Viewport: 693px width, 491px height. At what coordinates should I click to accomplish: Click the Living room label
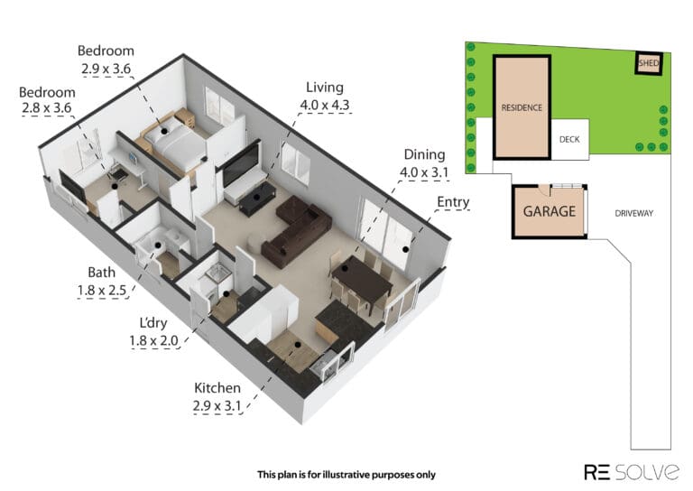tap(325, 88)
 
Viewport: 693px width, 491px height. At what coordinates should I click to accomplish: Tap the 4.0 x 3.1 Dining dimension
tap(424, 172)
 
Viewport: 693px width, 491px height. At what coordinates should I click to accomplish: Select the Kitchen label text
tap(217, 388)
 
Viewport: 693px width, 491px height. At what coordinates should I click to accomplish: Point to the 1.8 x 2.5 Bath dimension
tap(102, 291)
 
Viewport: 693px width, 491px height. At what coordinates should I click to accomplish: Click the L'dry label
tap(153, 323)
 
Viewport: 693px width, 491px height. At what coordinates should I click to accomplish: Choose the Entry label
tap(453, 202)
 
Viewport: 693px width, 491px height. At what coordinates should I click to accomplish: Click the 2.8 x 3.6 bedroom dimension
tap(46, 107)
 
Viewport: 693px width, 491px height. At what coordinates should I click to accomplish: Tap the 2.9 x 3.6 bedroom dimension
tap(106, 69)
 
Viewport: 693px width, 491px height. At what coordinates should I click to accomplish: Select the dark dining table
tap(362, 279)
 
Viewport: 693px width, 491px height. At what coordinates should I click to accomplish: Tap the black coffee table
tap(258, 199)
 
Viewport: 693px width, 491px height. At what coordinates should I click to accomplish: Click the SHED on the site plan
tap(649, 63)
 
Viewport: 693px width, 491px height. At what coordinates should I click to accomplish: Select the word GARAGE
tap(550, 211)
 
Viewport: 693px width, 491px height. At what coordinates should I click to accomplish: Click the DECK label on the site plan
tap(569, 140)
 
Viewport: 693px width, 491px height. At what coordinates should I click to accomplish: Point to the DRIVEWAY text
tap(633, 214)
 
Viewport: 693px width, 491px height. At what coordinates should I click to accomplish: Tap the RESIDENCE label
tap(522, 107)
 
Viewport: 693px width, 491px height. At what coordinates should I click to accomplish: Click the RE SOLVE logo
tap(631, 472)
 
